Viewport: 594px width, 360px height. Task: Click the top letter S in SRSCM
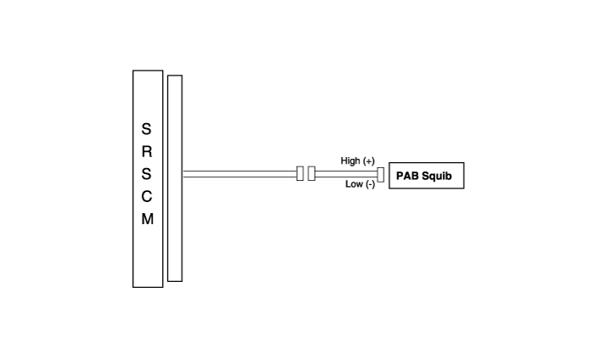146,129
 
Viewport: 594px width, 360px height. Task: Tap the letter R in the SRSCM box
147,152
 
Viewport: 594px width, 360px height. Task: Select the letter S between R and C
146,174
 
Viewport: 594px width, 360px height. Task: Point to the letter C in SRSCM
147,196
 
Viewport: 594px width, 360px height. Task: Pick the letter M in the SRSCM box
148,219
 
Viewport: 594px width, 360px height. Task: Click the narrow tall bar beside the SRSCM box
175,178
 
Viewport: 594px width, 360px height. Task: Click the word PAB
407,176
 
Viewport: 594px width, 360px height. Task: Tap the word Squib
437,177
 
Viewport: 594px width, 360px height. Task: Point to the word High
350,161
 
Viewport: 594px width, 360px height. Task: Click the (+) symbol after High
368,161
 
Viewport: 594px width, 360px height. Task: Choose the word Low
354,184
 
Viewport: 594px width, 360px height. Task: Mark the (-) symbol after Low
371,184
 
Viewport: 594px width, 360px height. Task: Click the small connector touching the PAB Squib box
381,175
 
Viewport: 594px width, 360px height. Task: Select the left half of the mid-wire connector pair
300,173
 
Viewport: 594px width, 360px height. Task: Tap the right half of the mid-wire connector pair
311,173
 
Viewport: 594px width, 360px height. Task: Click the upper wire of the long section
240,171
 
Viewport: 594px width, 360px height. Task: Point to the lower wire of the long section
240,177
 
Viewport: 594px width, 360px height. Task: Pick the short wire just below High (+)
346,171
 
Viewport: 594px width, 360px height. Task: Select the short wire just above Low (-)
346,177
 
